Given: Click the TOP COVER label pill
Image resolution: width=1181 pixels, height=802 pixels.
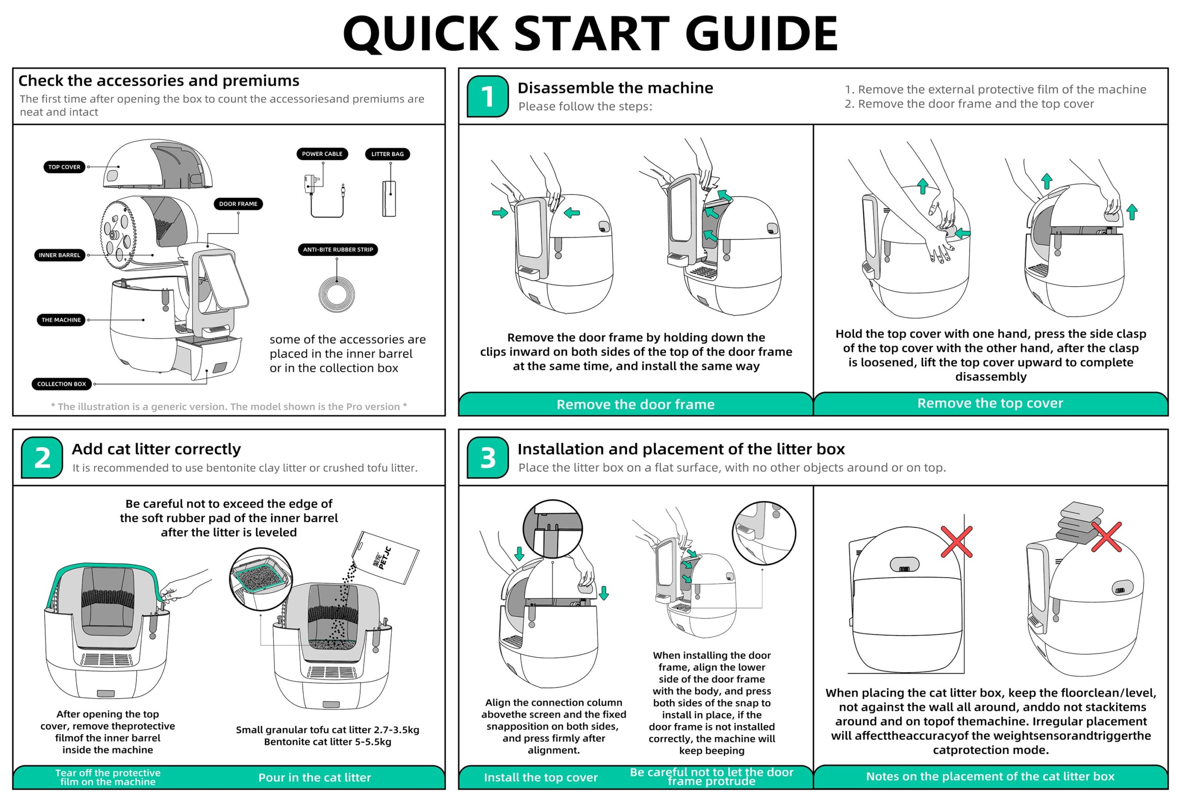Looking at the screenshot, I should (x=64, y=167).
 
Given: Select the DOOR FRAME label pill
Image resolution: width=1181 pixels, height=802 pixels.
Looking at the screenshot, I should (x=238, y=204).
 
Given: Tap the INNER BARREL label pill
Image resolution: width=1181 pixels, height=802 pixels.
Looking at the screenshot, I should (x=60, y=255).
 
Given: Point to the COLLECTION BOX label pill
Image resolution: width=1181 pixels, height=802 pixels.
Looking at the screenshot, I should (x=61, y=384).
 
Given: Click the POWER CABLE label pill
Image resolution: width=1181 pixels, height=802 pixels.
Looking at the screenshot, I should (x=322, y=154).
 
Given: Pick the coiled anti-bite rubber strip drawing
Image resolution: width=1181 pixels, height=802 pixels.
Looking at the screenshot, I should (x=336, y=294).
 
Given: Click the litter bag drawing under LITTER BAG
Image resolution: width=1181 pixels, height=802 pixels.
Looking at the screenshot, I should (x=389, y=199).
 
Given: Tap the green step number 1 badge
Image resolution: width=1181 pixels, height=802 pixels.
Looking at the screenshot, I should (x=487, y=96).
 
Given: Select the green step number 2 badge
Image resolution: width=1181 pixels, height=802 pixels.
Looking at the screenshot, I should (x=42, y=458).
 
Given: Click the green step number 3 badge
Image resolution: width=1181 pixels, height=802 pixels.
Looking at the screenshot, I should (x=487, y=458).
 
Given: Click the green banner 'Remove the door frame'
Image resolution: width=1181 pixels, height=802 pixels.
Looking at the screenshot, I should (x=635, y=404).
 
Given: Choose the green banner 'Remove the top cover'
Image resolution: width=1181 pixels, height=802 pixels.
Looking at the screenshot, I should (x=990, y=403).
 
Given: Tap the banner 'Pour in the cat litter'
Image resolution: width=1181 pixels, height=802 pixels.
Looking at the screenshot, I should (x=315, y=778).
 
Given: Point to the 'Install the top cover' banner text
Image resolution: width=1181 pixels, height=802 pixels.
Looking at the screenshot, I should (x=540, y=778).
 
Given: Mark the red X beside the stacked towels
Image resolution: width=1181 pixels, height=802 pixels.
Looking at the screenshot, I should (x=1106, y=537).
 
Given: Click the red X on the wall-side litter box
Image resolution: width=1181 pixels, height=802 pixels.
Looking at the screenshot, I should (x=956, y=542).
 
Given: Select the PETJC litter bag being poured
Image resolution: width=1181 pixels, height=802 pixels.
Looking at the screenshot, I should (x=389, y=557).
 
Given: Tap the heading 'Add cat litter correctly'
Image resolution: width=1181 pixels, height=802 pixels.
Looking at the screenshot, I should (x=156, y=449).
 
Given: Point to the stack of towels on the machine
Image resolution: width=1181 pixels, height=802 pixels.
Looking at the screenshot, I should (x=1078, y=524).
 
